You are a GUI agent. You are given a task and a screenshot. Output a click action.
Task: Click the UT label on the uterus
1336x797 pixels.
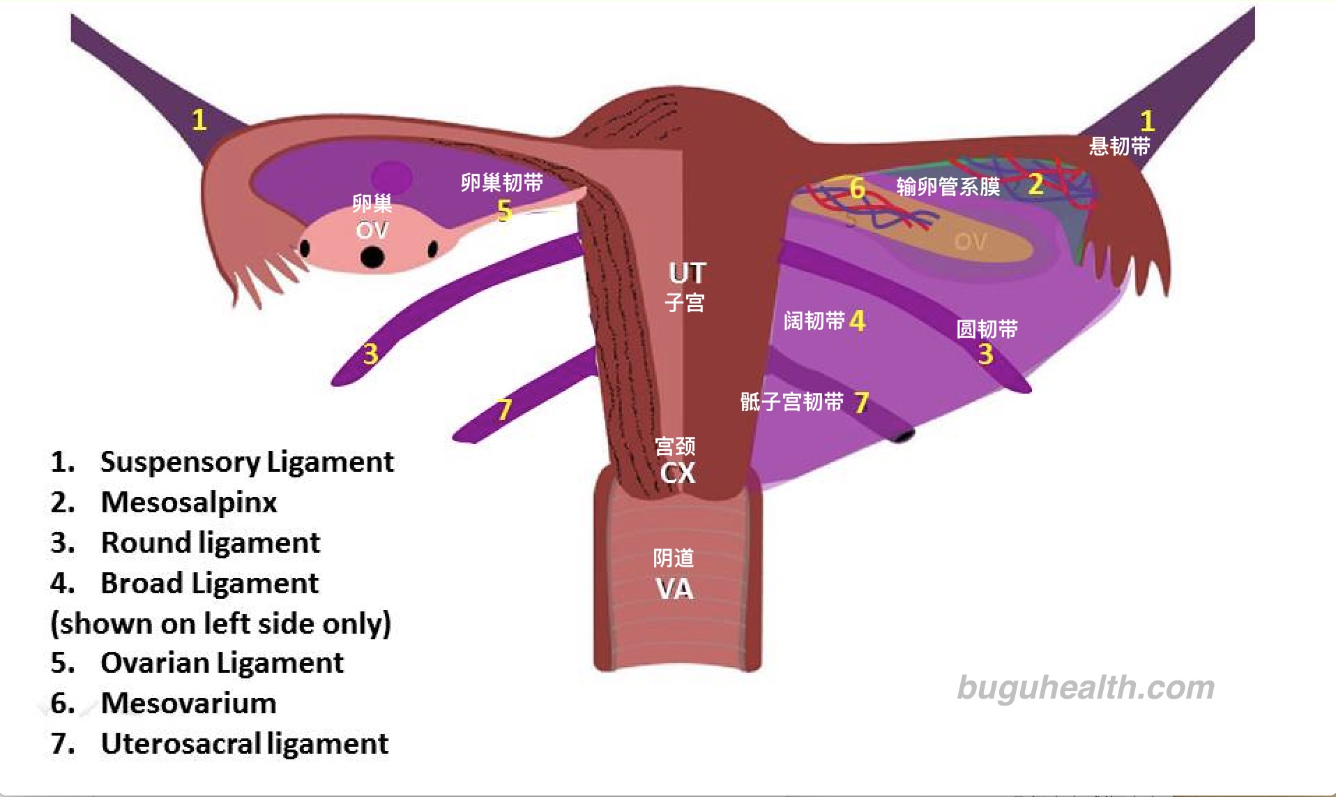(688, 273)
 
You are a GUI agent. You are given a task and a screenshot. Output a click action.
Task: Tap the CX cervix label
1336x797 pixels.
(678, 473)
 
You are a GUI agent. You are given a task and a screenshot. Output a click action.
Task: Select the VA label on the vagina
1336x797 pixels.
(675, 589)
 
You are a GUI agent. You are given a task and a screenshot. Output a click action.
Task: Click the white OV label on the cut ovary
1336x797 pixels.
(372, 230)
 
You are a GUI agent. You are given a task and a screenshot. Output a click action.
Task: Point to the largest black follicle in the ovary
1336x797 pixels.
(372, 256)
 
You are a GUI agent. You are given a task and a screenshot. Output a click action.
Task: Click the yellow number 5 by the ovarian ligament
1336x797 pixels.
(505, 210)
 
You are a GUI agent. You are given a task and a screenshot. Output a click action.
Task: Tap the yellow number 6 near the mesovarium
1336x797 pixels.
(857, 188)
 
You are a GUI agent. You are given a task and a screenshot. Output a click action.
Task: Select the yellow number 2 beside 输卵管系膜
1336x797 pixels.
(1035, 184)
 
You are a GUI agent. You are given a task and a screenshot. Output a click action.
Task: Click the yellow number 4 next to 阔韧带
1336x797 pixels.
(858, 320)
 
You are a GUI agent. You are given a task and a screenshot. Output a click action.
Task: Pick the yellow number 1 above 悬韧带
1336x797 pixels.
(1147, 121)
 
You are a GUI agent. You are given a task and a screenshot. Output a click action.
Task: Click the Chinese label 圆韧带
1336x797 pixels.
(987, 329)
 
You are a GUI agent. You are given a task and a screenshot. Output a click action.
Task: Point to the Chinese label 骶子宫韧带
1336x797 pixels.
(791, 401)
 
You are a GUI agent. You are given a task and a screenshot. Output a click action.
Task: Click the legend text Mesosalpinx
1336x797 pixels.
(189, 502)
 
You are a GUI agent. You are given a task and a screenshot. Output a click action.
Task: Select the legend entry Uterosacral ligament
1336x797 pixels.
(244, 743)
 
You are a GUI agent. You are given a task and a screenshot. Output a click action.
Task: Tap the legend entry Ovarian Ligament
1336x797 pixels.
(222, 662)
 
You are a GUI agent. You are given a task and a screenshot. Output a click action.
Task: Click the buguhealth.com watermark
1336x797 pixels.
(1086, 688)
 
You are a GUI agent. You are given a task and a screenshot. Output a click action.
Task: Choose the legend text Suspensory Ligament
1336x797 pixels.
(247, 461)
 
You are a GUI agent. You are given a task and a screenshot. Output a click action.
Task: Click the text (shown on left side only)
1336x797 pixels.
(220, 623)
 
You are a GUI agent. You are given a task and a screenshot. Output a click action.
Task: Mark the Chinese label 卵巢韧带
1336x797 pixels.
(501, 183)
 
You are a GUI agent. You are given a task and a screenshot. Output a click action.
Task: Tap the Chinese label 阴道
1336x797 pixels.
(674, 558)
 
